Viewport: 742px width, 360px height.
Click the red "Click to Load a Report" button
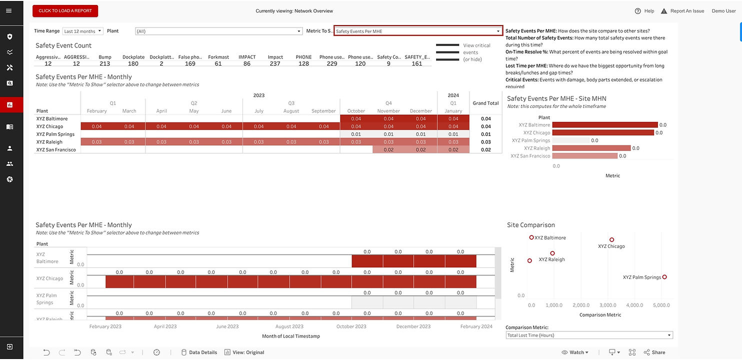65,11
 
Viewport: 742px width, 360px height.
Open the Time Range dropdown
82,31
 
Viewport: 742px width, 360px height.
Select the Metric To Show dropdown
418,31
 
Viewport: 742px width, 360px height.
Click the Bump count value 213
104,63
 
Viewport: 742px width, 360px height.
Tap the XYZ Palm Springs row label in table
55,134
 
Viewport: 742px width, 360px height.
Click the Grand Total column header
485,103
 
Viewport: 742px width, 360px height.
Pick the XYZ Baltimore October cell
356,118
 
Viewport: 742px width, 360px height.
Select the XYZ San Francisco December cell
420,149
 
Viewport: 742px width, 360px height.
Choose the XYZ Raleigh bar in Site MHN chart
591,148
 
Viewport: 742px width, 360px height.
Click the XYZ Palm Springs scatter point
664,277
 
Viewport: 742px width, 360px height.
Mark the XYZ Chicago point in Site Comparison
611,240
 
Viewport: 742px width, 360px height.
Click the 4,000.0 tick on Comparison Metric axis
634,305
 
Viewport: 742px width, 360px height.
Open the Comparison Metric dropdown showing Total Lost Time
589,335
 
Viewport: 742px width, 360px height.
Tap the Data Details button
199,352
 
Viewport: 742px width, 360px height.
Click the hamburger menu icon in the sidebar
9,11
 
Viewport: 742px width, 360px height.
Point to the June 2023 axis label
227,326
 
